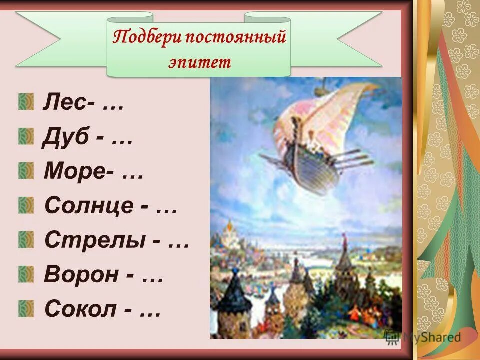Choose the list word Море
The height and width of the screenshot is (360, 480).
[x=70, y=172]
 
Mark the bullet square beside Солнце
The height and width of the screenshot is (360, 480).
[x=26, y=205]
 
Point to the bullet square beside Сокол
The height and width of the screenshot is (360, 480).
[x=26, y=308]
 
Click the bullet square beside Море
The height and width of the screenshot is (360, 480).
[x=26, y=171]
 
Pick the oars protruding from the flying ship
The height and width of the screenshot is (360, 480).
[x=355, y=157]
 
